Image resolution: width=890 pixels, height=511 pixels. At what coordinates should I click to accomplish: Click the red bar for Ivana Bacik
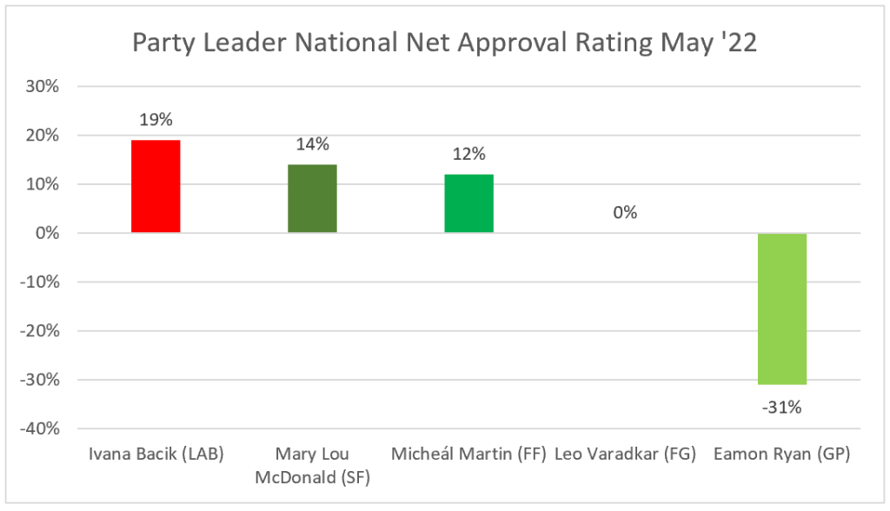tap(156, 186)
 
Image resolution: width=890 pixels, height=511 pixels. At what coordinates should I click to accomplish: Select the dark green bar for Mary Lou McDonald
tap(312, 198)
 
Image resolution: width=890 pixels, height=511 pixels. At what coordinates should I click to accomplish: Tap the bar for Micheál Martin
tap(468, 203)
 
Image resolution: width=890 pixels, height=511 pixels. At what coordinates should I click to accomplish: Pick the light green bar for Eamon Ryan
tap(782, 309)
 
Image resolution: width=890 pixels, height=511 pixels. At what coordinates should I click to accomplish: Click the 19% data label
tap(156, 121)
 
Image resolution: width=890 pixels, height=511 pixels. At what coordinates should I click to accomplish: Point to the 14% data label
tap(312, 145)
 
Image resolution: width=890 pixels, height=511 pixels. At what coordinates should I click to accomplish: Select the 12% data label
tap(468, 155)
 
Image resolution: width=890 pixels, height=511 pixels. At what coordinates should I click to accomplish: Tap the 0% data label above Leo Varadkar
tap(625, 213)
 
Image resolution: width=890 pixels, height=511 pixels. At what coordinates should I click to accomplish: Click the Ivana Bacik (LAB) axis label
tap(156, 455)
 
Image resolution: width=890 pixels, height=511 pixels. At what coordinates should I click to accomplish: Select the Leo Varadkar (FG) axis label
tap(625, 455)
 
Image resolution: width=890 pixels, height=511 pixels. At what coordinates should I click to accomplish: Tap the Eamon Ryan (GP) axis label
tap(782, 455)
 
